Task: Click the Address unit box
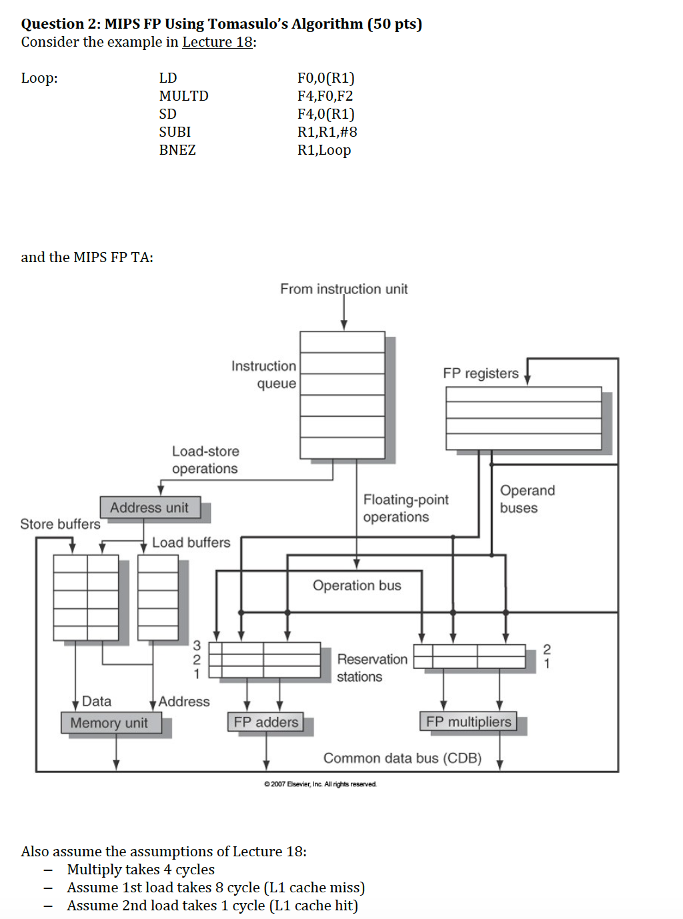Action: pyautogui.click(x=149, y=508)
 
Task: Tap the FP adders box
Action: pyautogui.click(x=265, y=722)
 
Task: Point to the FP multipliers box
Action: pyautogui.click(x=468, y=722)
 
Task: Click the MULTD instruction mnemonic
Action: pyautogui.click(x=183, y=96)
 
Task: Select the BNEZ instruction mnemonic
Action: pyautogui.click(x=177, y=150)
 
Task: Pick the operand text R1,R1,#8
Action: pyautogui.click(x=327, y=132)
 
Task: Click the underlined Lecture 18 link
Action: pyautogui.click(x=217, y=42)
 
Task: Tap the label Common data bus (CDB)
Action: pyautogui.click(x=402, y=758)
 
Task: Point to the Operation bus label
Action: pyautogui.click(x=357, y=586)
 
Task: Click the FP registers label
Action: pyautogui.click(x=480, y=373)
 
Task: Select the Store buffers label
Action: pyautogui.click(x=60, y=524)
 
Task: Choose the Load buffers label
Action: pyautogui.click(x=191, y=543)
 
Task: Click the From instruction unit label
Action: pyautogui.click(x=344, y=289)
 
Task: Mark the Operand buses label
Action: pyautogui.click(x=527, y=499)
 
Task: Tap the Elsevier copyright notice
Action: pyautogui.click(x=320, y=784)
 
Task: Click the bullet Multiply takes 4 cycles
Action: pyautogui.click(x=141, y=870)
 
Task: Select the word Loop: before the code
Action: pyautogui.click(x=39, y=78)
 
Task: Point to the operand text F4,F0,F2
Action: pyautogui.click(x=325, y=96)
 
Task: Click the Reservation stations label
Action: pyautogui.click(x=372, y=668)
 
